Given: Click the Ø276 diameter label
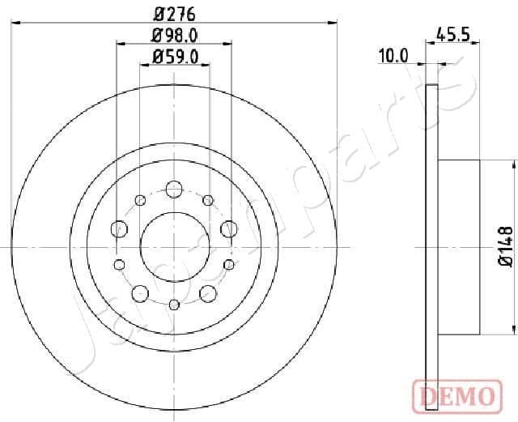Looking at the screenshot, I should tap(174, 13).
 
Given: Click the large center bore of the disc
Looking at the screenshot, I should tap(174, 241).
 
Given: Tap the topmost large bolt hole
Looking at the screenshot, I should tap(174, 190).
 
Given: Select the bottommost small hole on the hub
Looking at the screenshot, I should tap(174, 305).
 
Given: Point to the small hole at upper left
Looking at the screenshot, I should tap(140, 199).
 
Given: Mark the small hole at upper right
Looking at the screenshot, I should tap(208, 199).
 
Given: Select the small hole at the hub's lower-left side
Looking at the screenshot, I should tap(120, 264).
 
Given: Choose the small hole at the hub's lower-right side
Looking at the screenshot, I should tap(228, 264).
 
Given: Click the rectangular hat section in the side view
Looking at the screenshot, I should tap(460, 246).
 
